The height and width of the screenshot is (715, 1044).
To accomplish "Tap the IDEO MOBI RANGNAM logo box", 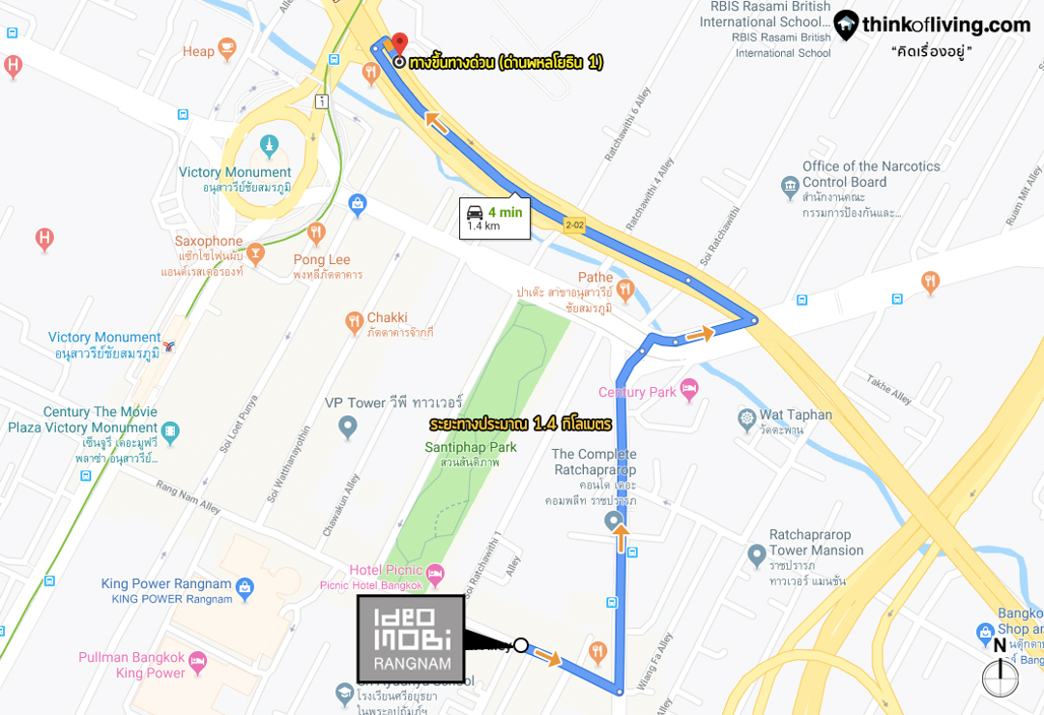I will [x=411, y=638].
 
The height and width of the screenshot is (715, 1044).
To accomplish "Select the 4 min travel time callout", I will [x=495, y=219].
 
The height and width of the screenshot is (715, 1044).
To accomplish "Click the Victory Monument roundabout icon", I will [x=269, y=147].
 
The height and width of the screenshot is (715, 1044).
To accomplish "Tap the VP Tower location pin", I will [x=348, y=427].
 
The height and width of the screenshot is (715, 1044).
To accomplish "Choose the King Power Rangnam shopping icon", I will [x=245, y=587].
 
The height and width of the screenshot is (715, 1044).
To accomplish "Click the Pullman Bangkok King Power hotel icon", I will [x=197, y=663].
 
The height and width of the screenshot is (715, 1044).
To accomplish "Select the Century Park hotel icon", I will [x=689, y=390].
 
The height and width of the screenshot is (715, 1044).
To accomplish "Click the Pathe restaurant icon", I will [x=625, y=288].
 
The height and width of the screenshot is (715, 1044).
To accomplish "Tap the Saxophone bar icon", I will [x=255, y=253].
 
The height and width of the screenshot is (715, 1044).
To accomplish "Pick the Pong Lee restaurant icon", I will [x=316, y=233].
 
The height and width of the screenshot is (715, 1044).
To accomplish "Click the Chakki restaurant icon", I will [x=353, y=320].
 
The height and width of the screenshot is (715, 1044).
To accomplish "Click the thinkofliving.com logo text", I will [x=945, y=26].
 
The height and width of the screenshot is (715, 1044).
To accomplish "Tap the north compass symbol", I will [x=1000, y=676].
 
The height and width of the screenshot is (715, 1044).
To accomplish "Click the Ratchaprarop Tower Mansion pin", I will [x=757, y=555].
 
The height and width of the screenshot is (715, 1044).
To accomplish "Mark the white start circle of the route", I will [x=520, y=645].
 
